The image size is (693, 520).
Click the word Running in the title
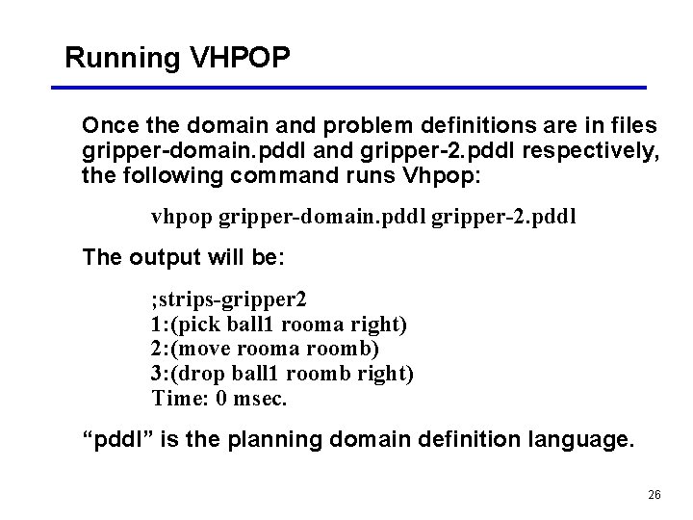click(x=122, y=59)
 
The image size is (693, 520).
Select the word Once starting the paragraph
click(x=108, y=126)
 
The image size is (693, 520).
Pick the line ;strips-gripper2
click(x=229, y=299)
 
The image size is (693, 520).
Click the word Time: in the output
click(x=176, y=399)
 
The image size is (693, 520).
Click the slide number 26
click(x=654, y=494)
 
